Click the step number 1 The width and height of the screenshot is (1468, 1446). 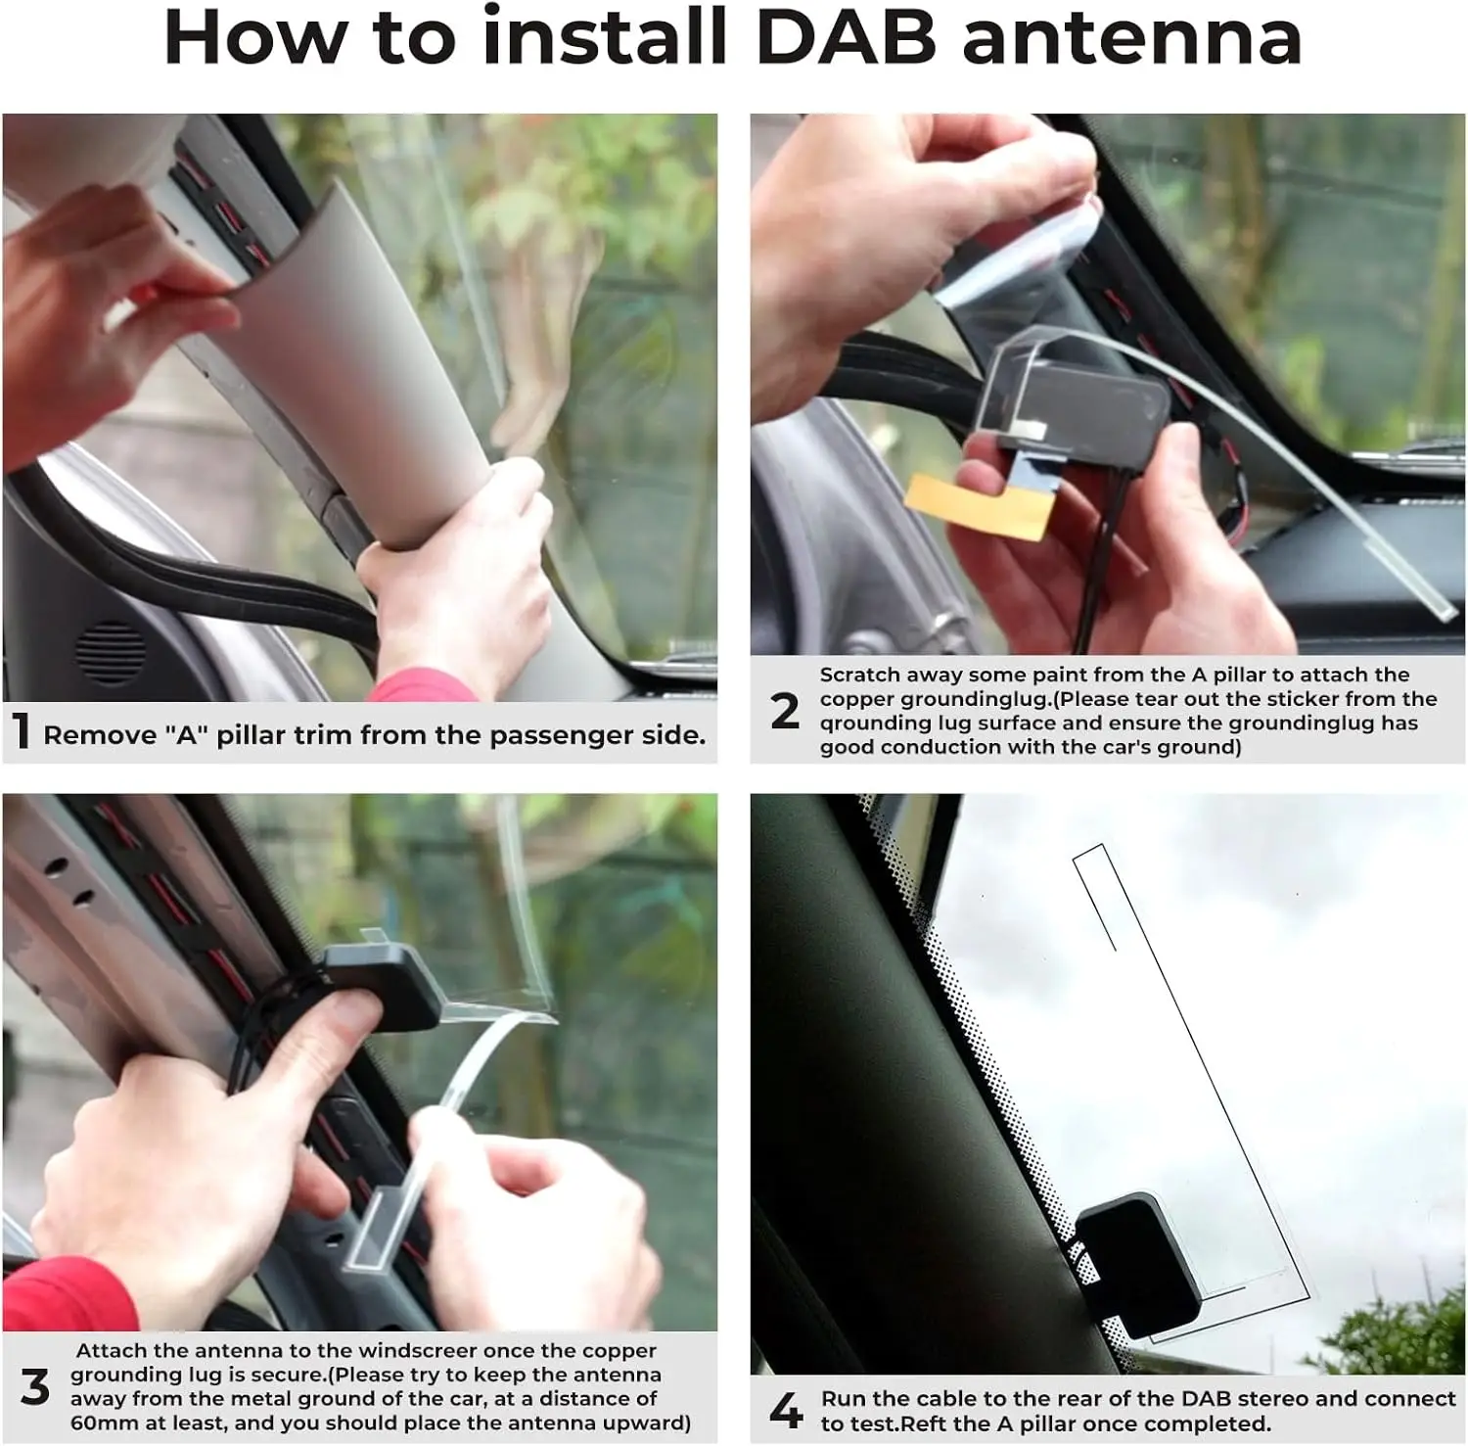22,731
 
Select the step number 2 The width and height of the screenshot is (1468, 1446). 785,712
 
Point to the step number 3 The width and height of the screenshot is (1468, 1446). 35,1387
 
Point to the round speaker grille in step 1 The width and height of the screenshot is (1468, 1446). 111,652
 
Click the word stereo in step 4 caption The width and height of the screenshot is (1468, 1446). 1274,1399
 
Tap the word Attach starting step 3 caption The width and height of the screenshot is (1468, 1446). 111,1351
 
